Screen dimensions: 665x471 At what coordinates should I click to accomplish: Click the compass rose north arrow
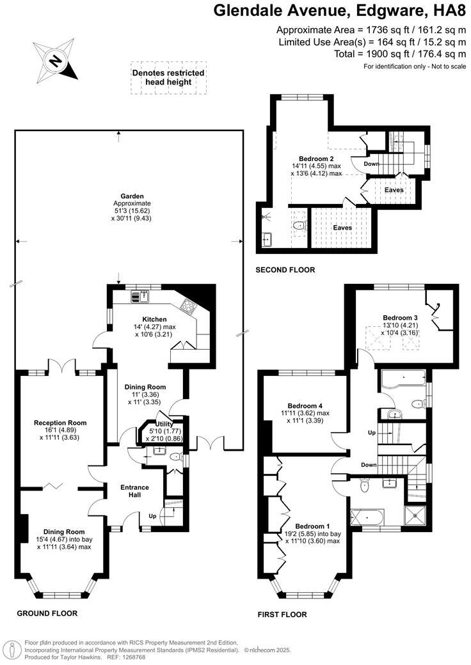click(56, 61)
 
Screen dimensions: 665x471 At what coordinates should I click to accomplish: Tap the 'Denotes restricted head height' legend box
click(168, 78)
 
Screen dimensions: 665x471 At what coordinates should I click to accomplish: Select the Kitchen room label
click(154, 319)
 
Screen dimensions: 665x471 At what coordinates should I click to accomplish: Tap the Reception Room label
click(60, 423)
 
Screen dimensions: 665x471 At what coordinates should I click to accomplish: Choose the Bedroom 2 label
click(316, 158)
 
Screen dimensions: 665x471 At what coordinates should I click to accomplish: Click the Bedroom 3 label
click(400, 317)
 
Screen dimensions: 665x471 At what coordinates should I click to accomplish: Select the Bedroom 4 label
click(305, 405)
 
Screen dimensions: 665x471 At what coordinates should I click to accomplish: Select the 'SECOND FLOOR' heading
click(285, 270)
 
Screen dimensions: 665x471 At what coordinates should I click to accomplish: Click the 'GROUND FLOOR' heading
click(47, 613)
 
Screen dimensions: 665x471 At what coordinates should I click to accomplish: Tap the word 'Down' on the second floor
click(371, 164)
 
